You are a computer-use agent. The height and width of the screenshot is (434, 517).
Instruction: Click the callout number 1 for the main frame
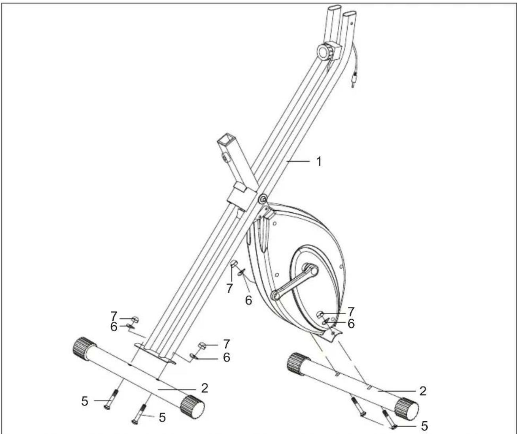tap(319, 162)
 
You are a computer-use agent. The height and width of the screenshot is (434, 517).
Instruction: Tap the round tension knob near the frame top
tap(325, 51)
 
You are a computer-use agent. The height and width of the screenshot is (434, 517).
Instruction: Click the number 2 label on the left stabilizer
tap(205, 388)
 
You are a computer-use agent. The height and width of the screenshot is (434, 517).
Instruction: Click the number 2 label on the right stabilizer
tap(423, 391)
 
